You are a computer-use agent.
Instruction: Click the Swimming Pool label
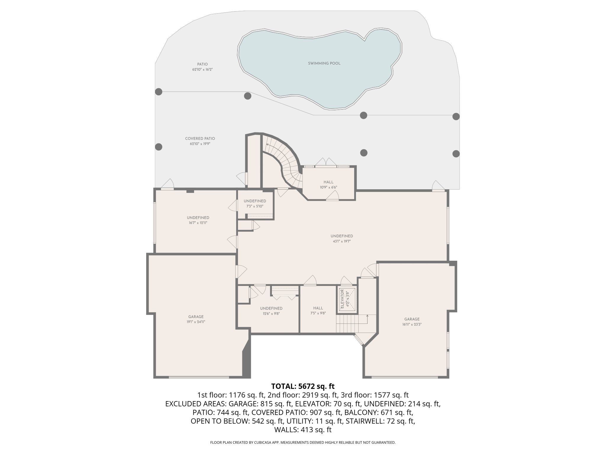point(324,63)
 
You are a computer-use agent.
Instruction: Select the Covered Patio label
point(200,139)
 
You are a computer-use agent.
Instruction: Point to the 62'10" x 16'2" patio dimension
point(202,70)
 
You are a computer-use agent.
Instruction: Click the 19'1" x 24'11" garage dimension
point(196,322)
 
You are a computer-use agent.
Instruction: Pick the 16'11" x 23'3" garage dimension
point(412,324)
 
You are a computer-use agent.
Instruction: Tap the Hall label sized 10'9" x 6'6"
point(328,182)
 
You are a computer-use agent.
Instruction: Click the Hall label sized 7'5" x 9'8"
point(318,308)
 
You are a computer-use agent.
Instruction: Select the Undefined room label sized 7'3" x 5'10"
point(255,201)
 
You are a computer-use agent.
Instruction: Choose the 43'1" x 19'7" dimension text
point(342,241)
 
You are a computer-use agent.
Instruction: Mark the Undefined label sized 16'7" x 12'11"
point(198,218)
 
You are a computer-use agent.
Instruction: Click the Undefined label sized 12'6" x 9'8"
point(271,308)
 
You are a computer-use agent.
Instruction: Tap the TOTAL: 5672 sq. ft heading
point(303,386)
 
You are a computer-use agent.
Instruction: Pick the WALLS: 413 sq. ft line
point(303,430)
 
